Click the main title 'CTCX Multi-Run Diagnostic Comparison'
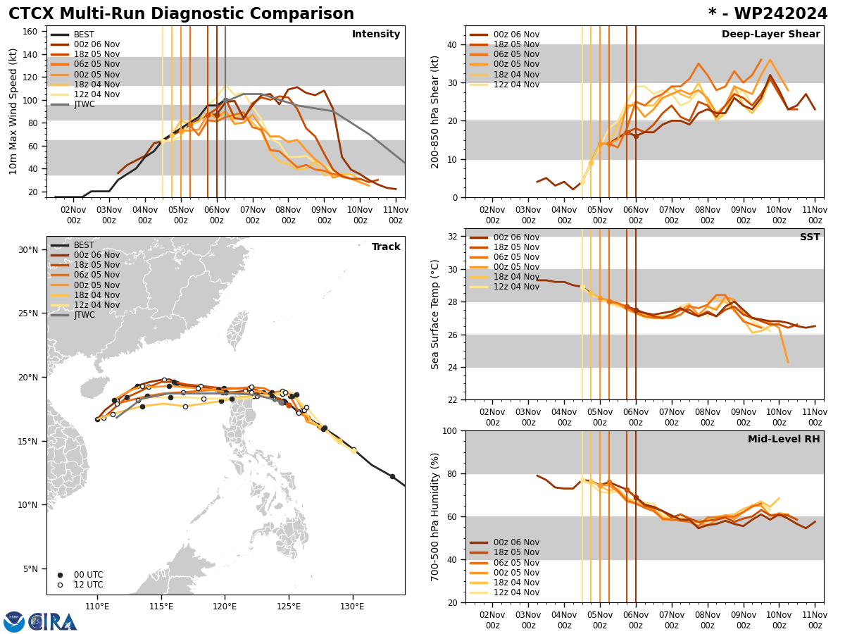(x=181, y=14)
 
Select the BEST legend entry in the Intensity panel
(x=83, y=35)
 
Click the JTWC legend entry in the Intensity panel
(x=84, y=104)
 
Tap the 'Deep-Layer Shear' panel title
(x=770, y=35)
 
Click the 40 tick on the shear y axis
(x=452, y=44)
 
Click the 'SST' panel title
(x=809, y=237)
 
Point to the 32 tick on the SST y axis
(x=452, y=237)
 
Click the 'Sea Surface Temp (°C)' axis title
(x=436, y=314)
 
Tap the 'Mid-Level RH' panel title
(x=784, y=440)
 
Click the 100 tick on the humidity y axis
(x=449, y=430)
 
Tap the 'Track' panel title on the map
(x=386, y=247)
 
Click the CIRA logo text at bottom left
(x=52, y=622)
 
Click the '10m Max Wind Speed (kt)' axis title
(x=13, y=111)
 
